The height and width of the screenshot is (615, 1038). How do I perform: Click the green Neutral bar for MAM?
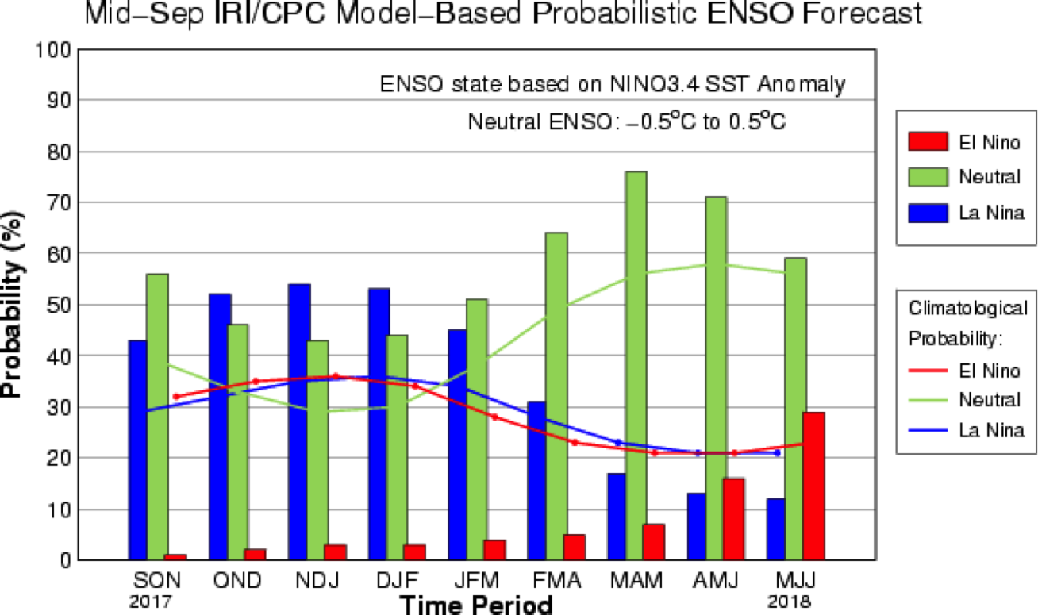(636, 365)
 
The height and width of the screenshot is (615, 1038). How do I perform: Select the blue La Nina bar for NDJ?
(298, 421)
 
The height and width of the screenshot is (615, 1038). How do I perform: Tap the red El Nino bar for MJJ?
(814, 486)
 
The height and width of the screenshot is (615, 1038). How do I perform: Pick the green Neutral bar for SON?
(157, 417)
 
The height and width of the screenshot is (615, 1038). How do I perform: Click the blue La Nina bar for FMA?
(537, 480)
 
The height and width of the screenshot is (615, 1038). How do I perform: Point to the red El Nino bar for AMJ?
(734, 519)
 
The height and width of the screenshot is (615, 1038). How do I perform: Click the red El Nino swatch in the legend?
(928, 142)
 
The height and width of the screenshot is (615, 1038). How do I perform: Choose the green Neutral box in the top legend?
(928, 177)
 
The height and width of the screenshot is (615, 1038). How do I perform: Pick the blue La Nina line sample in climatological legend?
(928, 430)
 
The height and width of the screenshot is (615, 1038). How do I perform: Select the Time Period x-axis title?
(476, 605)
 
